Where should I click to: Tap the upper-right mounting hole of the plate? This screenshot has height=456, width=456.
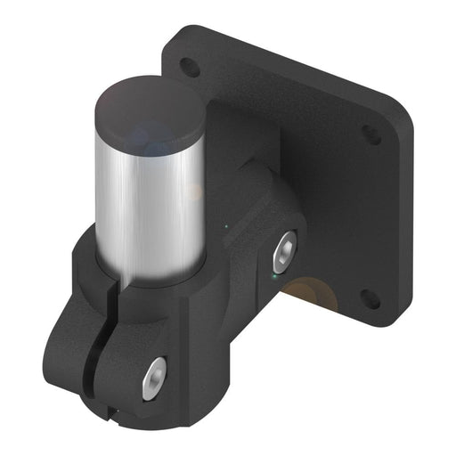point(367,134)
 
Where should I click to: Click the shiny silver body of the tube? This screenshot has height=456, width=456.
point(147,205)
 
